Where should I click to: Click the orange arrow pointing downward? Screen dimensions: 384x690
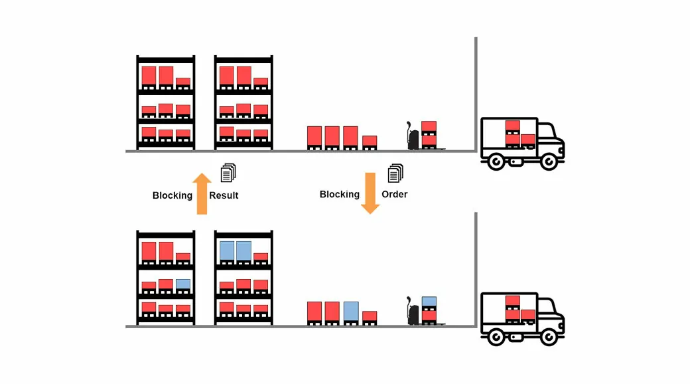370,193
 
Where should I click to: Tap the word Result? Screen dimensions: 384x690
224,195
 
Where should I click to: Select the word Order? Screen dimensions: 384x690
394,195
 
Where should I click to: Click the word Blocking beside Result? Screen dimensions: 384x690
172,195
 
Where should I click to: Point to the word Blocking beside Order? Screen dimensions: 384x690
340,195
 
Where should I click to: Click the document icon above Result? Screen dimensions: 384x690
228,173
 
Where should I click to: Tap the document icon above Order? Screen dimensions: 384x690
395,173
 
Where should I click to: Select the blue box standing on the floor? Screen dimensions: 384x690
351,312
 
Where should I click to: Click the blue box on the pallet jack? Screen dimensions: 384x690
429,301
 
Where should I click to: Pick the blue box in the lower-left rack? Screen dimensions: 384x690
183,284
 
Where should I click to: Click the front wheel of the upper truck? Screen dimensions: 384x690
549,161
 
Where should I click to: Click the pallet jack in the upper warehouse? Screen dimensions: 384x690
413,136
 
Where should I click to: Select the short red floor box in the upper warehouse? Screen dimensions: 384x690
370,142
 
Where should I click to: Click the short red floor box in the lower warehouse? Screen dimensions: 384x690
370,317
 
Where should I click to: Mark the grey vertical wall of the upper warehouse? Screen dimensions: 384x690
476,93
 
